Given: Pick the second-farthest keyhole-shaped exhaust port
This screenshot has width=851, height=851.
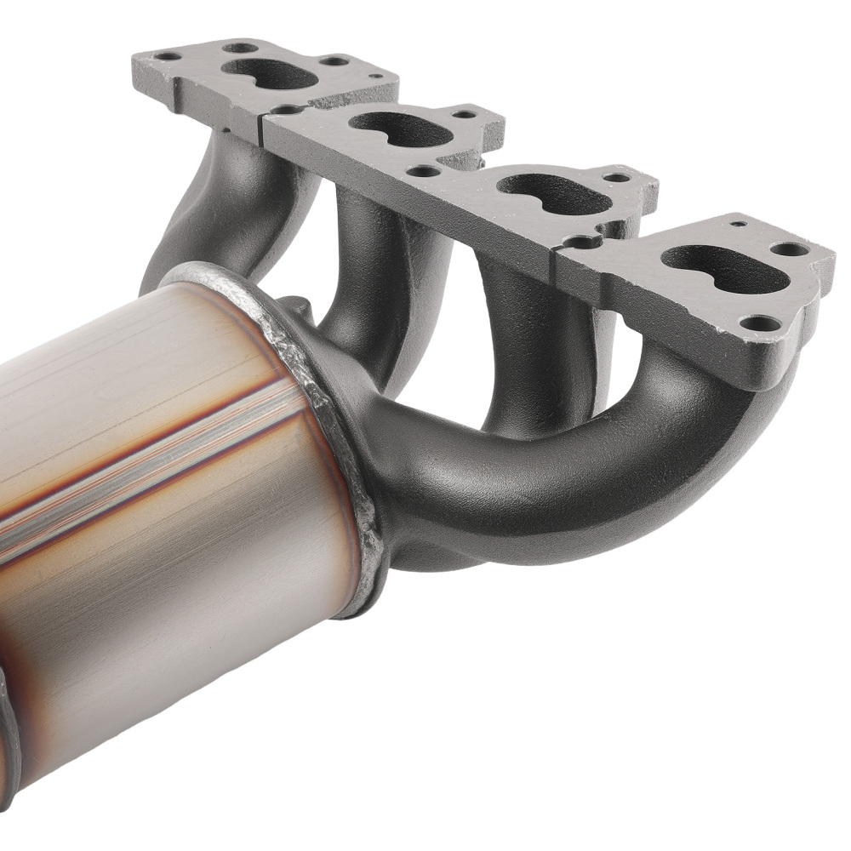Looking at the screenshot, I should [400, 128].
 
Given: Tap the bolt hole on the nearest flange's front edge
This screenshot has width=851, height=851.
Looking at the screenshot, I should [760, 323].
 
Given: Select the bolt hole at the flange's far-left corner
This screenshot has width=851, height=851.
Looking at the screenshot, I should [168, 56].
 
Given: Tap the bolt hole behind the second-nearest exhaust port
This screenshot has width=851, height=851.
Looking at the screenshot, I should [615, 178].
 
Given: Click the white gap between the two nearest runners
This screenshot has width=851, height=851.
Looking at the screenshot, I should [638, 374].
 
